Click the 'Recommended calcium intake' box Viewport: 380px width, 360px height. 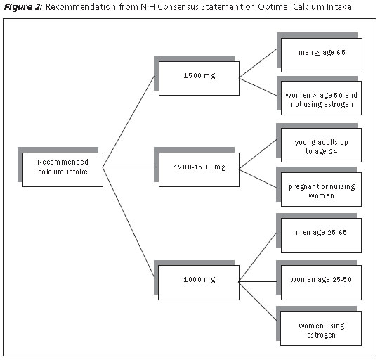(63, 169)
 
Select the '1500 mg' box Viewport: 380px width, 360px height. (199, 78)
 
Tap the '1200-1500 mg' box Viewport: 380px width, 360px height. (199, 169)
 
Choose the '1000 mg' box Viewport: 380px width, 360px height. (199, 283)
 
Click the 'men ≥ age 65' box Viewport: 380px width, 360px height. (322, 55)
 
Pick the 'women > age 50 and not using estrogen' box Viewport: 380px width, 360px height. (322, 98)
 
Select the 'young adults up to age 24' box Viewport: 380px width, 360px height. (322, 145)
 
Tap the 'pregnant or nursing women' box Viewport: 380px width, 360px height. (322, 189)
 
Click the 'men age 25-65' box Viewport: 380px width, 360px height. (322, 236)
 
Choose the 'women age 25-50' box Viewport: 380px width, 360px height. (322, 283)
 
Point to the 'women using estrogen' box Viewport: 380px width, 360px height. (321, 328)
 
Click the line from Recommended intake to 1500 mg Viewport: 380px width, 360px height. (129, 122)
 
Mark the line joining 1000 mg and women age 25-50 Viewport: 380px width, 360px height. (258, 282)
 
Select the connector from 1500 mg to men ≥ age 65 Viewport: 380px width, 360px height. (258, 63)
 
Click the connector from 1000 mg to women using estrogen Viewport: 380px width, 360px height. (258, 301)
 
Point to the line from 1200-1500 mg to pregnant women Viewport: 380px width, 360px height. (258, 179)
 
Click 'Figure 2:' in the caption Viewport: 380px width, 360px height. (23, 7)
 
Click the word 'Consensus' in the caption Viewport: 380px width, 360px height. (178, 7)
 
